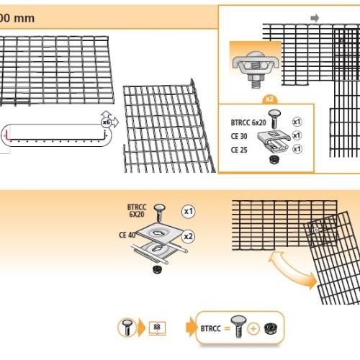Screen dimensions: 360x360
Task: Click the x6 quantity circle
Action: tap(106, 122)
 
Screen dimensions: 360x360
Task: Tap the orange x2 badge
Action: tap(269, 99)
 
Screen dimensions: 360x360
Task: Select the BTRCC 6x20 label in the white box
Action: tap(248, 122)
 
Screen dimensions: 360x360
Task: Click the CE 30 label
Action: tap(239, 136)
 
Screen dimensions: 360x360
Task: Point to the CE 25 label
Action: tap(239, 150)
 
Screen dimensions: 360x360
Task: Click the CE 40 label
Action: tap(127, 235)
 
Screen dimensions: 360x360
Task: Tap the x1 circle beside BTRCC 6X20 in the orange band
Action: tap(189, 212)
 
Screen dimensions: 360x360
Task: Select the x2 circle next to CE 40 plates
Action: tap(189, 237)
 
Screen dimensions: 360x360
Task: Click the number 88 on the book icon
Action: tap(157, 327)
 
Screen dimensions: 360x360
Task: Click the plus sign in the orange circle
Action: tap(253, 328)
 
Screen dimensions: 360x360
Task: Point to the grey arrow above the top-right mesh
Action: tap(315, 18)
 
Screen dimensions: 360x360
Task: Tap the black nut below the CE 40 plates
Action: tap(158, 269)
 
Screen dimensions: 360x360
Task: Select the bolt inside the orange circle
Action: tap(127, 328)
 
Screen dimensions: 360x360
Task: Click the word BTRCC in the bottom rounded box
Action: tap(211, 328)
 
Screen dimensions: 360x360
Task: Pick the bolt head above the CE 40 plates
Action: tap(160, 208)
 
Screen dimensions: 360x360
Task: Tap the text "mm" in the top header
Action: tap(24, 19)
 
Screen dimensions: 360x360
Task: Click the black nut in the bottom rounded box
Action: tap(271, 328)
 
